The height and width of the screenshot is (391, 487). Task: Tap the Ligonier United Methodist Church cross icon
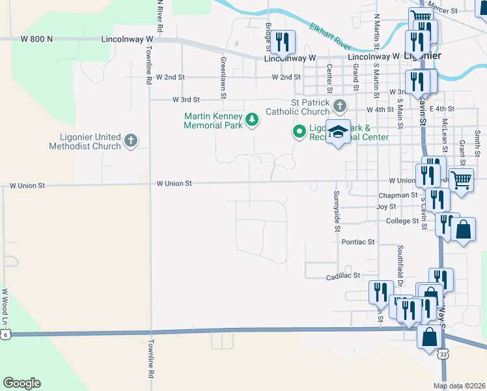[130, 141]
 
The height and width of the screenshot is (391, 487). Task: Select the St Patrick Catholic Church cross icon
[339, 106]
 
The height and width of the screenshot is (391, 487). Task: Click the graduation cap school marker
[338, 132]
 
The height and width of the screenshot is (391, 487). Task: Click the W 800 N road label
[36, 39]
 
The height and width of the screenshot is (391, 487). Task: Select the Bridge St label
[268, 35]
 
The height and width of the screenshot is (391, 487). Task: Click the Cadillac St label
[343, 276]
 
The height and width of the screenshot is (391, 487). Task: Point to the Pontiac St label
[358, 242]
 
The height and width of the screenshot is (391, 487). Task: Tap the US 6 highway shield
[5, 334]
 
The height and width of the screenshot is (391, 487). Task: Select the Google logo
[21, 383]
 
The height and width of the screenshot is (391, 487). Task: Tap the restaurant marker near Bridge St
[282, 42]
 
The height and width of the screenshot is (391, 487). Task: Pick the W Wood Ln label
[5, 307]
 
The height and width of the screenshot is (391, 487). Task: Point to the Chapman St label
[397, 195]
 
